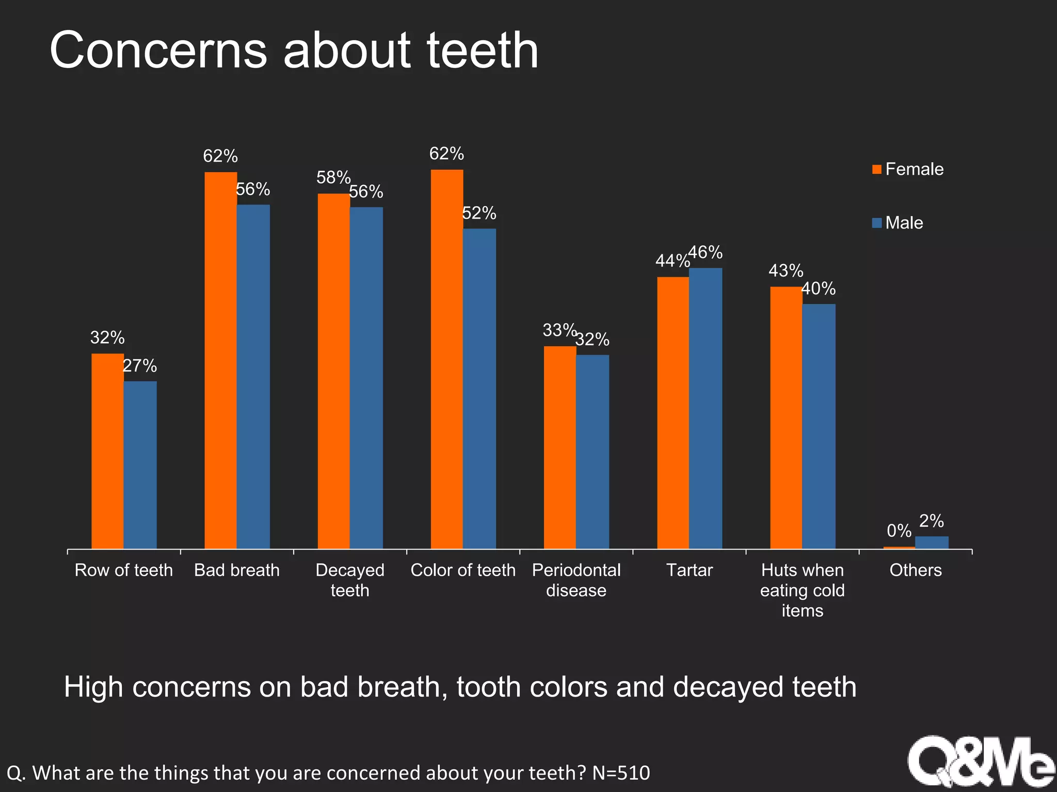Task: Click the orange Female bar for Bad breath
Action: tap(220, 361)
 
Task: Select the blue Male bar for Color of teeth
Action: tap(479, 389)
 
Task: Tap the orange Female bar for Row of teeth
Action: tap(107, 451)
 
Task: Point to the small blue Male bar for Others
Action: tap(932, 542)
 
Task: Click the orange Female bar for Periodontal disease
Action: tap(560, 448)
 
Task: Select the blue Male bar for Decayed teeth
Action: tap(366, 378)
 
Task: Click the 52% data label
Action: tap(479, 213)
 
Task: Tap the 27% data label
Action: tap(139, 366)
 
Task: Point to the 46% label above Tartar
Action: tap(706, 252)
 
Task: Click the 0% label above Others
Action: tap(899, 530)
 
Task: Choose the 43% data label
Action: tap(786, 271)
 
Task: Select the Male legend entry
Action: tap(904, 223)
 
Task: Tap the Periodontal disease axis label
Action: tap(576, 580)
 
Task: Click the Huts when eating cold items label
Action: tap(802, 590)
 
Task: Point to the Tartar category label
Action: tap(689, 570)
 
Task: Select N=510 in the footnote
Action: tap(621, 773)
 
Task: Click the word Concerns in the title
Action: tap(158, 50)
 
